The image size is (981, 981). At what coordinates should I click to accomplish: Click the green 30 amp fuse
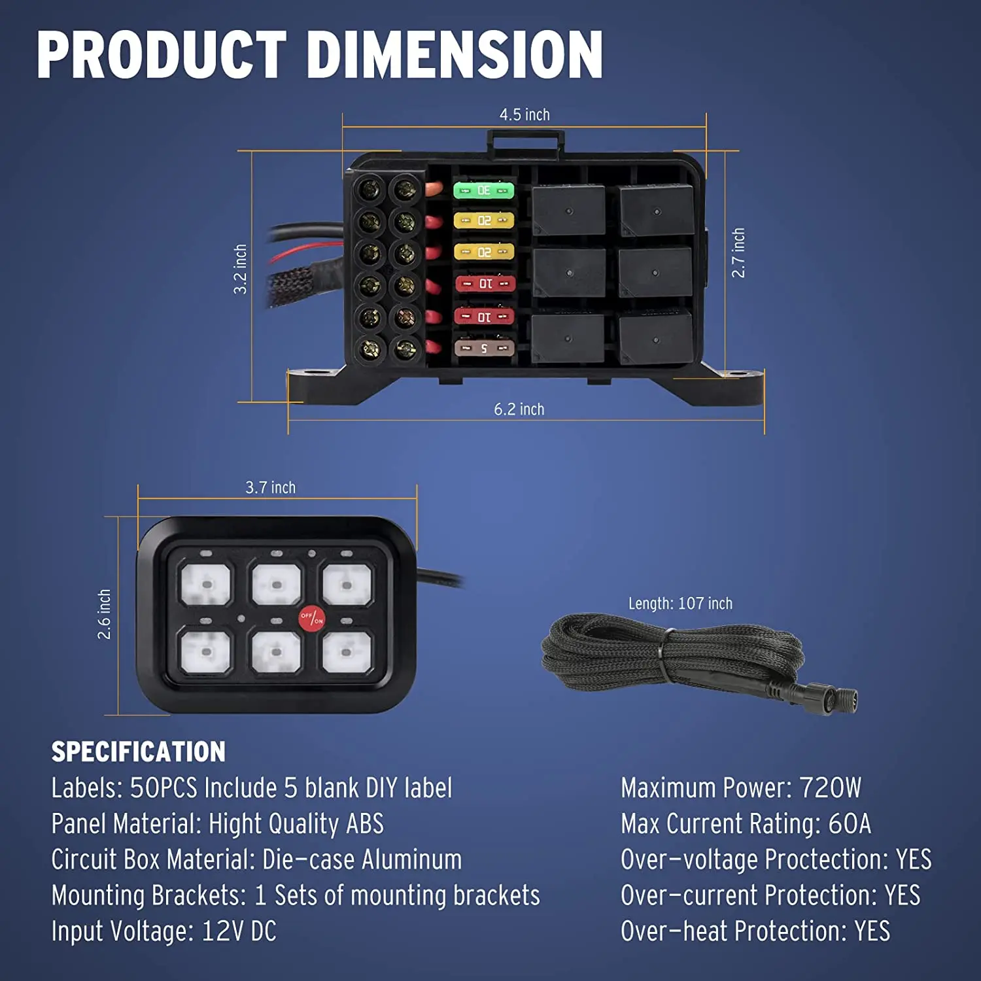[484, 190]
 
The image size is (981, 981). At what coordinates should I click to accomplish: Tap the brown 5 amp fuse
[484, 348]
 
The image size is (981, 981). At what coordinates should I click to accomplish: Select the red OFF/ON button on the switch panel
[311, 617]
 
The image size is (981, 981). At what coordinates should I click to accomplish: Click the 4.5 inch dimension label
[525, 115]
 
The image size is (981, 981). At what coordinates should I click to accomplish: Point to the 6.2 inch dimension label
[519, 409]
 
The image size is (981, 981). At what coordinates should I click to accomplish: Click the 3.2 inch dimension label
[241, 269]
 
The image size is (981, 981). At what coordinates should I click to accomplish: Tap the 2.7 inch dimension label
[738, 253]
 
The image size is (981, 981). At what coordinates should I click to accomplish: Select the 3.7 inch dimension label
[270, 488]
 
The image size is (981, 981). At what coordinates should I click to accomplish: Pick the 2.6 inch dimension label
[105, 614]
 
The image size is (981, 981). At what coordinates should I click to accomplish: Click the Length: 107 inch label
[680, 604]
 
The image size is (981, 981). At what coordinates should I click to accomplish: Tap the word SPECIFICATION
[138, 752]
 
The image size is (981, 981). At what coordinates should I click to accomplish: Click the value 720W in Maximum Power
[831, 788]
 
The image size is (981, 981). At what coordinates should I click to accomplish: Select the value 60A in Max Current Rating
[850, 824]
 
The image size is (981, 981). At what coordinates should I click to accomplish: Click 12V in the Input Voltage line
[222, 931]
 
